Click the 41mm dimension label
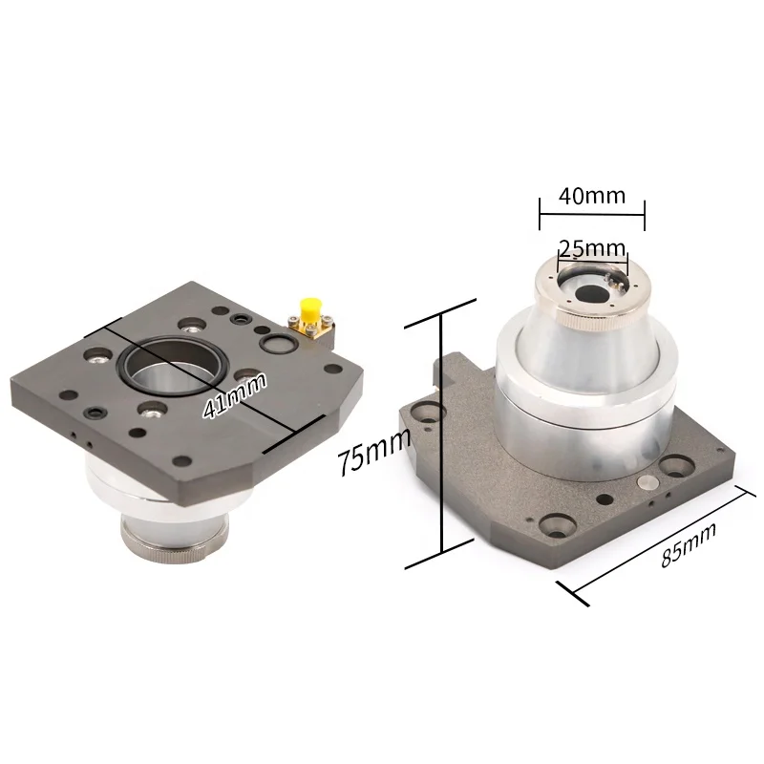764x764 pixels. [x=235, y=395]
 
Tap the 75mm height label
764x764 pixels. [x=374, y=453]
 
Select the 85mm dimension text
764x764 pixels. [x=689, y=544]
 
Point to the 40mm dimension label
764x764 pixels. [x=592, y=196]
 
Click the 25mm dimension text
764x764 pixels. [x=592, y=249]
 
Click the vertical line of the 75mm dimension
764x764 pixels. [x=441, y=433]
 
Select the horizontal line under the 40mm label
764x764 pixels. [x=592, y=214]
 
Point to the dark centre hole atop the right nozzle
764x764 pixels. [x=592, y=294]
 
